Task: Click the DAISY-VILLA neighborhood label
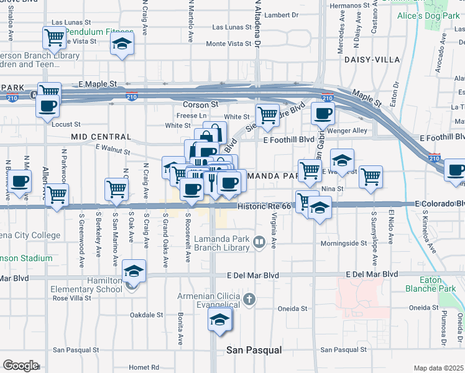point(372,60)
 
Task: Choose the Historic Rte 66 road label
point(264,205)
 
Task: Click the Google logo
point(21,366)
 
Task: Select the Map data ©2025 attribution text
point(439,368)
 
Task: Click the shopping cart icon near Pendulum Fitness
point(54,38)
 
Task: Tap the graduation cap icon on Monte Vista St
point(122,44)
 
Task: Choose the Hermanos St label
point(346,6)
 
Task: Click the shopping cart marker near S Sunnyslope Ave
point(371,177)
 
